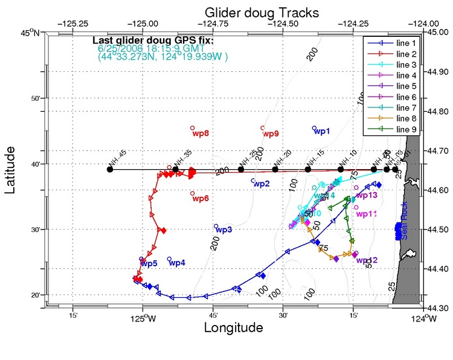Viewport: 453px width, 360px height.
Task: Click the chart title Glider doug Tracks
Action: [x=262, y=12]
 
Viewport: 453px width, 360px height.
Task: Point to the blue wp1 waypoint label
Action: [x=322, y=131]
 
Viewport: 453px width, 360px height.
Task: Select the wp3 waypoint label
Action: [x=224, y=230]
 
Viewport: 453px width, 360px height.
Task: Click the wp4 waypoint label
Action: [x=177, y=263]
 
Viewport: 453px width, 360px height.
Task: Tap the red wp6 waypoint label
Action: [x=200, y=199]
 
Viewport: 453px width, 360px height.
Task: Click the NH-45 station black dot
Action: [x=109, y=169]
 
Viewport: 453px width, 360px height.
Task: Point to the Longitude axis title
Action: [x=233, y=328]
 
